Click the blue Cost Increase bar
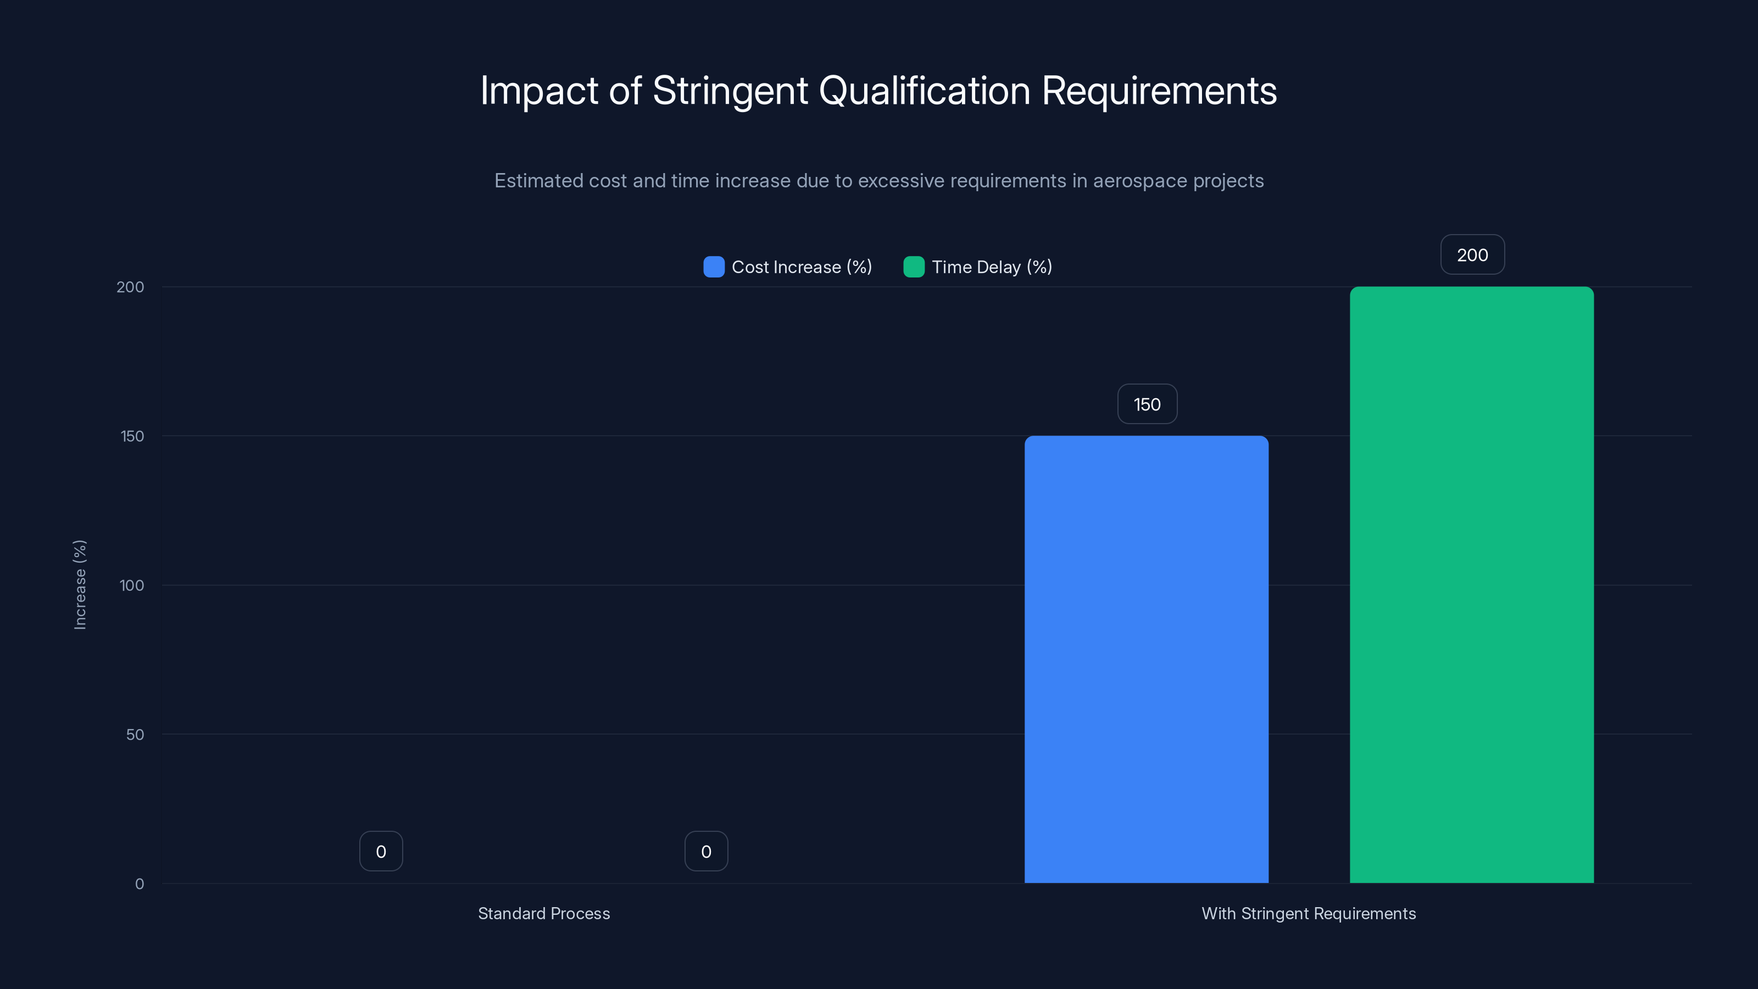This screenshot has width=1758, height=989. point(1146,659)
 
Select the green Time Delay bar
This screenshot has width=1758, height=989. point(1471,584)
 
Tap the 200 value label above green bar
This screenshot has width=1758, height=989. point(1472,254)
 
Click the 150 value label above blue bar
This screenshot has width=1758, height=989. point(1147,404)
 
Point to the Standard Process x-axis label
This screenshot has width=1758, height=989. point(544,913)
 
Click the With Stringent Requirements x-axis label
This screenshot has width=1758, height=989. point(1308,913)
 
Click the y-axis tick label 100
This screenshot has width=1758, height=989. point(132,585)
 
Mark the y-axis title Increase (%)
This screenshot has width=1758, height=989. point(80,584)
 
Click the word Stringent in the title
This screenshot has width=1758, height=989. point(730,91)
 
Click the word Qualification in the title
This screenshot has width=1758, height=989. point(924,91)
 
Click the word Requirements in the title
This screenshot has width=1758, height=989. point(1159,91)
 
